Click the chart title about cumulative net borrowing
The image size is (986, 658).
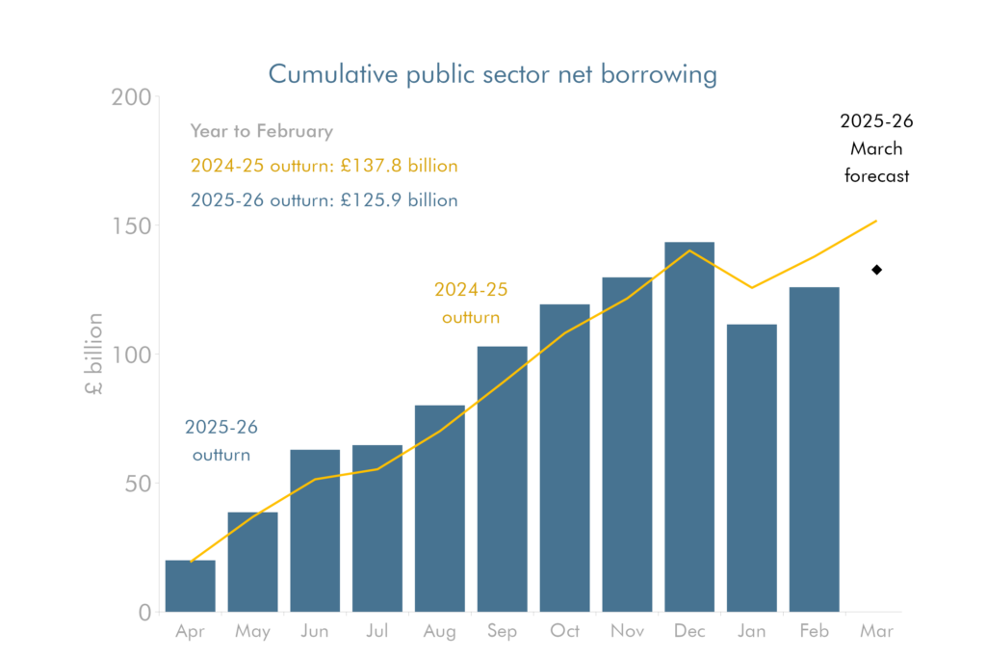(x=492, y=75)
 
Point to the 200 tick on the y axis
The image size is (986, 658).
(x=132, y=97)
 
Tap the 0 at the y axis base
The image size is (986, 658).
(x=144, y=614)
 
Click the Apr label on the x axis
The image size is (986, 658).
(x=191, y=632)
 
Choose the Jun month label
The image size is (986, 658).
(x=315, y=632)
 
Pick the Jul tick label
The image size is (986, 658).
(x=377, y=632)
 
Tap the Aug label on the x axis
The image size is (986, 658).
(x=439, y=632)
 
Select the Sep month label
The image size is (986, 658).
(x=502, y=632)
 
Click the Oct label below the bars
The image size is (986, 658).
(x=565, y=632)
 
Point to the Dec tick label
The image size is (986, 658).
(x=689, y=632)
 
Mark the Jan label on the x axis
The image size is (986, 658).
(x=752, y=632)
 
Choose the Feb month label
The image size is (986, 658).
(x=815, y=632)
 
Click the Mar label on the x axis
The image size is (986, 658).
(x=876, y=632)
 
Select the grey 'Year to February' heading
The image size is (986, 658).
(x=261, y=131)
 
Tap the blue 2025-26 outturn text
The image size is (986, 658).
(x=323, y=200)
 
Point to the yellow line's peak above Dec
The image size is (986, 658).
(x=689, y=250)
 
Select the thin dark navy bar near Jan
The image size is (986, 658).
(x=786, y=466)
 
